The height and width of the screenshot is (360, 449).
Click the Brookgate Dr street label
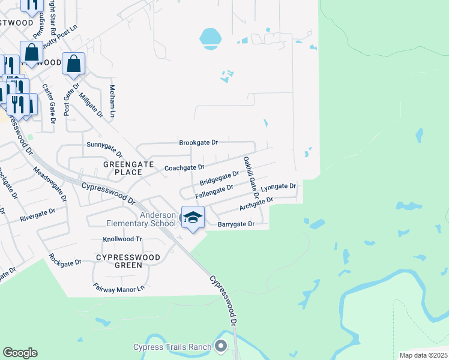[x=198, y=143]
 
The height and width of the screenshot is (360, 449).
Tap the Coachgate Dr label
[x=185, y=168]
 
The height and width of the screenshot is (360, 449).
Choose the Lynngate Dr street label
[x=279, y=188]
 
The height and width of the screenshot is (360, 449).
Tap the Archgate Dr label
[x=256, y=204]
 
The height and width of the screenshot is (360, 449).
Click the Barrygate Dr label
[x=236, y=224]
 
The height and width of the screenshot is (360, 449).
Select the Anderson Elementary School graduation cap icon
[x=193, y=217]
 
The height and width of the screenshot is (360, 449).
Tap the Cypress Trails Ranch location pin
[x=221, y=346]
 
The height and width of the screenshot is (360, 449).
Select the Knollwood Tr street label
[x=122, y=239]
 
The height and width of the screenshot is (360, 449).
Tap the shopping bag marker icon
[x=73, y=64]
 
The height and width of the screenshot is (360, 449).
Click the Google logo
[x=20, y=353]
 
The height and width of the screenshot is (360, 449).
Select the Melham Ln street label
[x=112, y=101]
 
